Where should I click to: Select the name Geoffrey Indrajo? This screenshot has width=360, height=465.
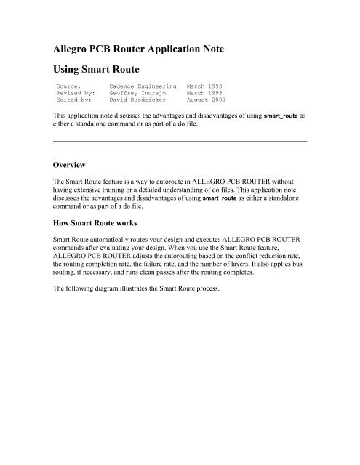click(x=138, y=102)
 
